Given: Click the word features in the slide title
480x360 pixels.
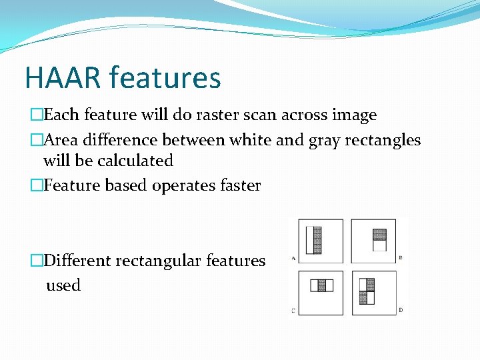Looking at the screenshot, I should pos(165,77).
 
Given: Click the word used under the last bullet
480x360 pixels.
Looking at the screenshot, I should pos(63,285).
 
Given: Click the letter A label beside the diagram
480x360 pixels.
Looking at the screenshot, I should pos(294,258).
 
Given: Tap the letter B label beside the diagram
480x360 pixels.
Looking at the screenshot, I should pos(399,257).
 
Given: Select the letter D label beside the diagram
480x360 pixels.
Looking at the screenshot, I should pos(399,310).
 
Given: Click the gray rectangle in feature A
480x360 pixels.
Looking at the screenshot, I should pos(317,241).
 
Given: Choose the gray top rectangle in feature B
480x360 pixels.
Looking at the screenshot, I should pos(379,235).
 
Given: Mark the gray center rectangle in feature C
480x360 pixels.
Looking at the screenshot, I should pos(321,285).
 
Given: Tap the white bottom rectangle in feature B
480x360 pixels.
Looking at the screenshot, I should pos(379,245).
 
